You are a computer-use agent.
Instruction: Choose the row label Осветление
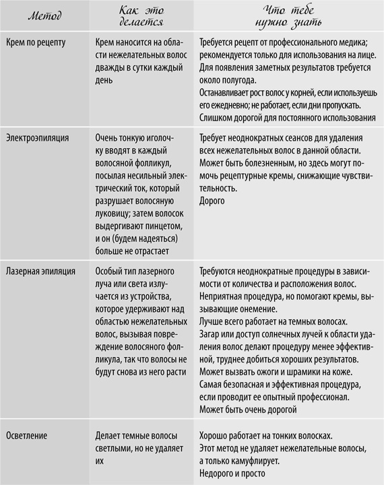pyautogui.click(x=29, y=435)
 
